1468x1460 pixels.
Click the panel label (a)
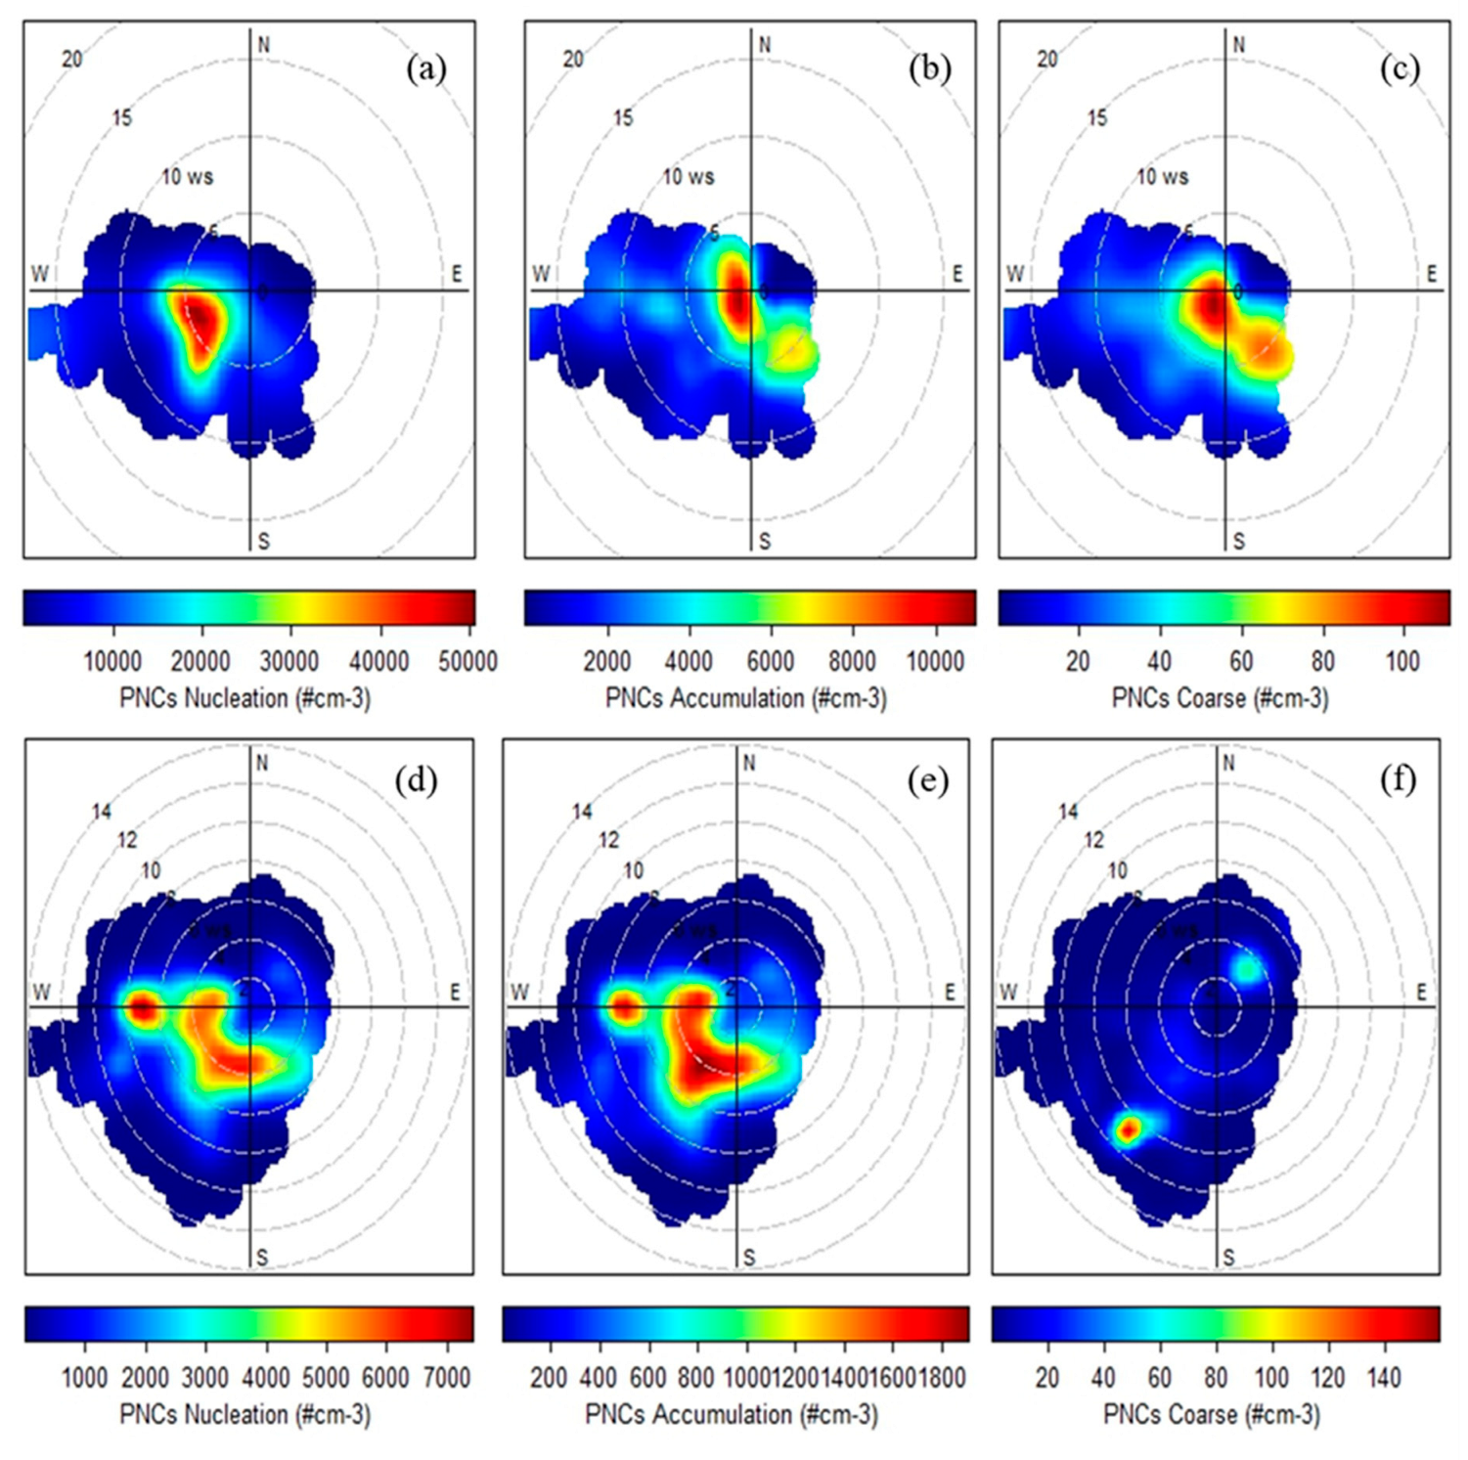pyautogui.click(x=426, y=69)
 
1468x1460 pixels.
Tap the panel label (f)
pyautogui.click(x=1398, y=779)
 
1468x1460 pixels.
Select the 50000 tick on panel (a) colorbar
pyautogui.click(x=467, y=662)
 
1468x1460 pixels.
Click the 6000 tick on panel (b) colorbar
pyautogui.click(x=770, y=662)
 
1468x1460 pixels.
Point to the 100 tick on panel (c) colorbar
pyautogui.click(x=1402, y=662)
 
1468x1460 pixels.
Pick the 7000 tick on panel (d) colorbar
pyautogui.click(x=447, y=1378)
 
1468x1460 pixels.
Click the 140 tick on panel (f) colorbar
pyautogui.click(x=1384, y=1378)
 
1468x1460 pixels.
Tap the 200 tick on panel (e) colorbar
pyautogui.click(x=549, y=1378)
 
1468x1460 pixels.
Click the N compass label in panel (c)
pyautogui.click(x=1239, y=45)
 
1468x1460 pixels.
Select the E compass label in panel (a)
pyautogui.click(x=456, y=274)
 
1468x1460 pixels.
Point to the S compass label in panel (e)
pyautogui.click(x=749, y=1258)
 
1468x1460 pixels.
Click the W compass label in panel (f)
pyautogui.click(x=1008, y=993)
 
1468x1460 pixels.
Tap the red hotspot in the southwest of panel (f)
pyautogui.click(x=1127, y=1130)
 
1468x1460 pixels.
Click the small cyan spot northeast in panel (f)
pyautogui.click(x=1247, y=968)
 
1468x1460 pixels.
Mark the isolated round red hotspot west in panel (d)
pyautogui.click(x=143, y=1009)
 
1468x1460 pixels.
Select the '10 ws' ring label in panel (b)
pyautogui.click(x=689, y=177)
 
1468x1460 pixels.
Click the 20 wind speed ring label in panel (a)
pyautogui.click(x=72, y=60)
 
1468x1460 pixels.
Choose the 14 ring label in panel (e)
pyautogui.click(x=582, y=812)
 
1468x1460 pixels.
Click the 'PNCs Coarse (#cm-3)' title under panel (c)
pyautogui.click(x=1220, y=698)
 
